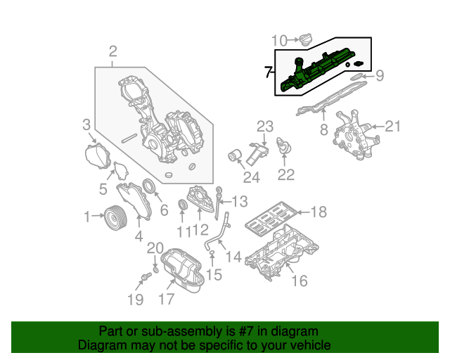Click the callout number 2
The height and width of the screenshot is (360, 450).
click(x=112, y=51)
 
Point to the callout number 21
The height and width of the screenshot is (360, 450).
click(x=392, y=127)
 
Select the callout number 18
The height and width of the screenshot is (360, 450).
click(x=319, y=212)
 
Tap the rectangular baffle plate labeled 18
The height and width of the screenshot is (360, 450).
click(x=269, y=218)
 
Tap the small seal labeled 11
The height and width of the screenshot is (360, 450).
click(x=184, y=205)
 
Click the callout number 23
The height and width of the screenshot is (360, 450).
click(x=264, y=127)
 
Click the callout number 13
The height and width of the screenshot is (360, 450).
click(x=239, y=202)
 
